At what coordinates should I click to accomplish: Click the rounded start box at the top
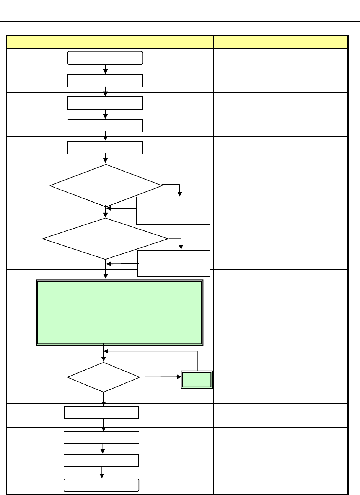105,57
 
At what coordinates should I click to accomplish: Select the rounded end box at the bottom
101,485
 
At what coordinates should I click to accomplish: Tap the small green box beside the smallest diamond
197,379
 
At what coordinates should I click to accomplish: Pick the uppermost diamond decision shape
106,186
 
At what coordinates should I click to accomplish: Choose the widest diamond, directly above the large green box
105,239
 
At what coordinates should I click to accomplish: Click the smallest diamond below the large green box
104,377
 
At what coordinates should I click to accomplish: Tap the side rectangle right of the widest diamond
174,263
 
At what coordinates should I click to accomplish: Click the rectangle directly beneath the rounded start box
105,81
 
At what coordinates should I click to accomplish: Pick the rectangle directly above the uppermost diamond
105,147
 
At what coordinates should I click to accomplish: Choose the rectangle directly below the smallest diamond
101,413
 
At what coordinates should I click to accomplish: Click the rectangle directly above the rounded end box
101,460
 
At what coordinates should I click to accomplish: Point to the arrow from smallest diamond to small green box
160,377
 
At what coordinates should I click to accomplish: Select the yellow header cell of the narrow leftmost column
17,42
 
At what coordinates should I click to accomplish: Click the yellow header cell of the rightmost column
280,42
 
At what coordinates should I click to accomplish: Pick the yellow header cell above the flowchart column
121,42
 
